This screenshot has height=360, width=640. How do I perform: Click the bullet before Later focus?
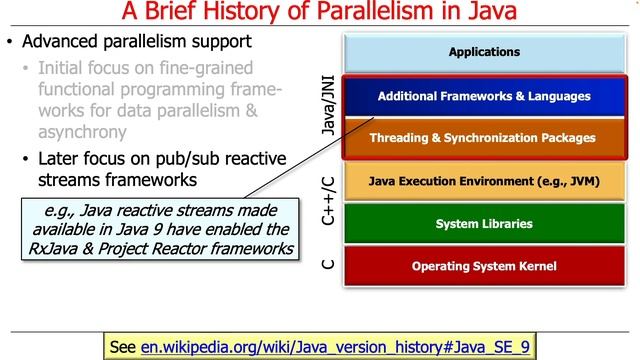[x=28, y=159]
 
